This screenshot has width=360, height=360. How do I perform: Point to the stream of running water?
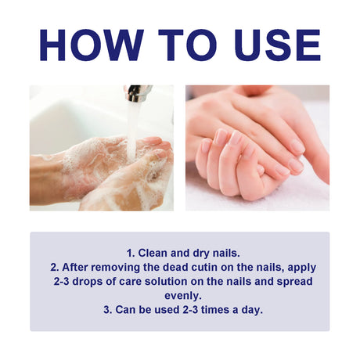(x=133, y=125)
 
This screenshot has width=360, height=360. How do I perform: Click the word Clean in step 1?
(x=153, y=253)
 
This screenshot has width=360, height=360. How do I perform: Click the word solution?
(x=169, y=283)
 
